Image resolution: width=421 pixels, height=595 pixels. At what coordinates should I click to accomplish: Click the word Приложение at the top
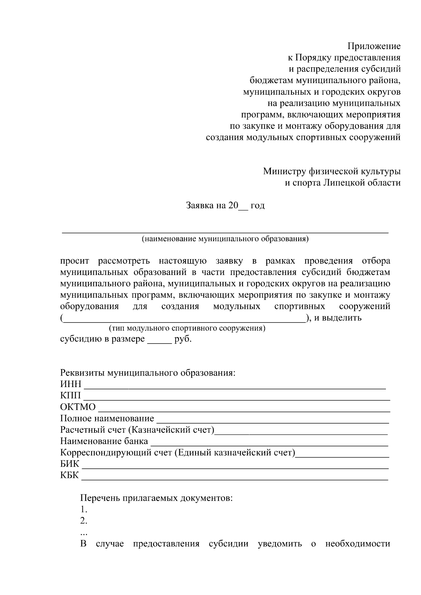374,46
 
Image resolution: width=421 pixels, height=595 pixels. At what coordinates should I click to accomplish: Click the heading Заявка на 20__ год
225,205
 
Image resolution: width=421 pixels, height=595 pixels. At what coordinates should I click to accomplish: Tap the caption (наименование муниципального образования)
225,239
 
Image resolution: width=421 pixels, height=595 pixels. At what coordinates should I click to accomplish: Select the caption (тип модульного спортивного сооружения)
187,329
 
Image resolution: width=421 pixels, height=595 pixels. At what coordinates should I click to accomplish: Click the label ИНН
71,384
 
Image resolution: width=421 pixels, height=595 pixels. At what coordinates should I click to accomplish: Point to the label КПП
70,396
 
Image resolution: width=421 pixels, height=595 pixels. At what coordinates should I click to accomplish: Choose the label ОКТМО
78,407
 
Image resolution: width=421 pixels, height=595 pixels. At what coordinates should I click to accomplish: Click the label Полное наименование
107,418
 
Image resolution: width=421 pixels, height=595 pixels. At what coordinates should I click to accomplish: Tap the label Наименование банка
104,441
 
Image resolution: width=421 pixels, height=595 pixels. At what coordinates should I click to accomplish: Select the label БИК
70,464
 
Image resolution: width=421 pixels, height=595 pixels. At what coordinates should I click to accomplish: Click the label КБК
69,476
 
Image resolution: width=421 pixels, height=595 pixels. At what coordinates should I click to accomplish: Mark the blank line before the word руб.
159,342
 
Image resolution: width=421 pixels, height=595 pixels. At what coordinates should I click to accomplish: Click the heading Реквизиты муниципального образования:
147,373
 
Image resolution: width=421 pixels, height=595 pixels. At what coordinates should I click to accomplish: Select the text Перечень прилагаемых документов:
156,498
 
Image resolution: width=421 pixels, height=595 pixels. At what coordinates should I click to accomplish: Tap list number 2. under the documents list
83,521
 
